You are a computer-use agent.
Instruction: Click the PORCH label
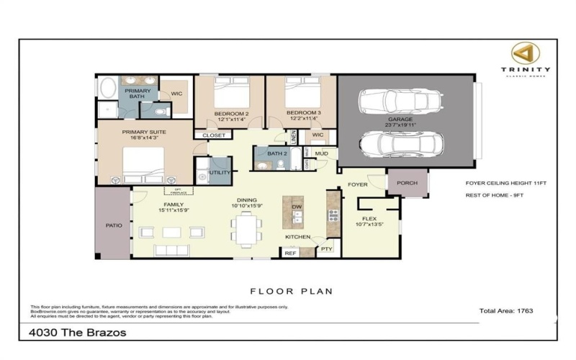coord(408,184)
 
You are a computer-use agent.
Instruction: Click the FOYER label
coord(358,185)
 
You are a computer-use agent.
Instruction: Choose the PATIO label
coord(113,225)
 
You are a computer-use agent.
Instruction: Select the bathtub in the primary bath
coord(108,89)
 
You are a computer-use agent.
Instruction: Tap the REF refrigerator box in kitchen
coord(290,253)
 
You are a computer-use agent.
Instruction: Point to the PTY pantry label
coord(327,249)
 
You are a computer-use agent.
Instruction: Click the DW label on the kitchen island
coord(297,207)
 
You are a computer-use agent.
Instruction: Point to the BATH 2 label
coord(277,153)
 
